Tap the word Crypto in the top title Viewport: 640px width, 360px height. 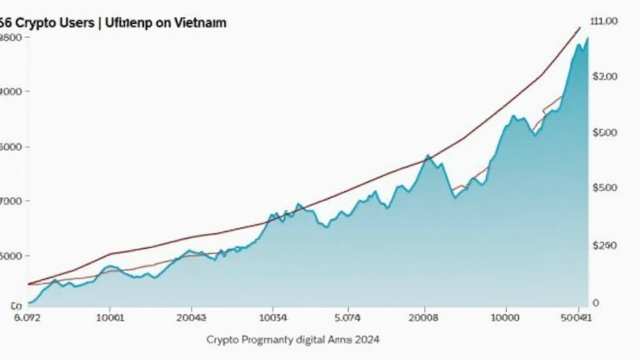pyautogui.click(x=32, y=23)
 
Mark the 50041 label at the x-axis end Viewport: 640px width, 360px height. pyautogui.click(x=579, y=317)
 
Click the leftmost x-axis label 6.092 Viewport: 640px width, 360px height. pyautogui.click(x=27, y=317)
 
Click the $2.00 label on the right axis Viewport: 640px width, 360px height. pyautogui.click(x=604, y=76)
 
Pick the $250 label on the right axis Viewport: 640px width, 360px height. pyautogui.click(x=604, y=246)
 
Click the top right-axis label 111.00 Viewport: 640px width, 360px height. pyautogui.click(x=604, y=21)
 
